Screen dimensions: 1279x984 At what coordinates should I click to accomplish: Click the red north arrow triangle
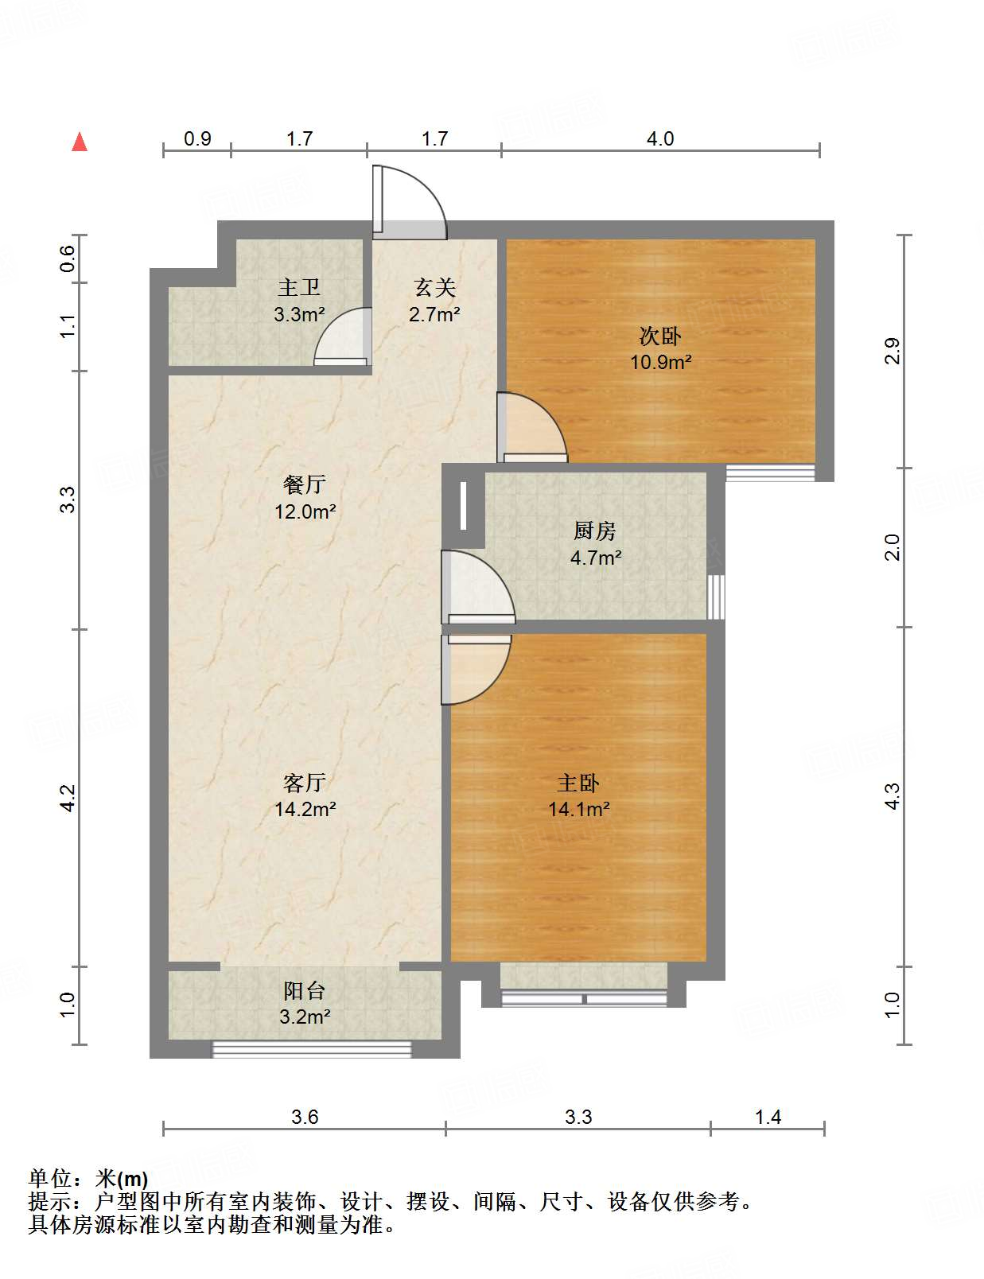[x=80, y=142]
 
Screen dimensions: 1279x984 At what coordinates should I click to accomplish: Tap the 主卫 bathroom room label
[x=299, y=288]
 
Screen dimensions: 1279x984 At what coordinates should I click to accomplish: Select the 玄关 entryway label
[x=434, y=288]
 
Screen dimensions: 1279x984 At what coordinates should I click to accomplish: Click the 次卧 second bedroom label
[x=660, y=336]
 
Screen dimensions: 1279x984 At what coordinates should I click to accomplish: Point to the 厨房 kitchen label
[x=595, y=531]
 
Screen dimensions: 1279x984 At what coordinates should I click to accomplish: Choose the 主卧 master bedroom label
[x=578, y=783]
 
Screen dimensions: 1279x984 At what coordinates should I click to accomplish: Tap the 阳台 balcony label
[x=305, y=991]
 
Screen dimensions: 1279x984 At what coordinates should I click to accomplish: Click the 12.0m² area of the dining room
[x=305, y=511]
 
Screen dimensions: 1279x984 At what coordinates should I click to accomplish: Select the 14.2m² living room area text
[x=305, y=810]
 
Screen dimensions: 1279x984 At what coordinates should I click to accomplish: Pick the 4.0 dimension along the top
[x=659, y=139]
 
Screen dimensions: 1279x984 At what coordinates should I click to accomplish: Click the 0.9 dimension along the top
[x=197, y=139]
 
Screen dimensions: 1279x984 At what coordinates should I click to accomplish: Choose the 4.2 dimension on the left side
[x=68, y=798]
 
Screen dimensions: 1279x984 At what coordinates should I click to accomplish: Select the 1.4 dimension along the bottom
[x=768, y=1118]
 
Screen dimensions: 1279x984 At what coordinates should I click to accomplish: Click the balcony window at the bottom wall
[x=312, y=1049]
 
